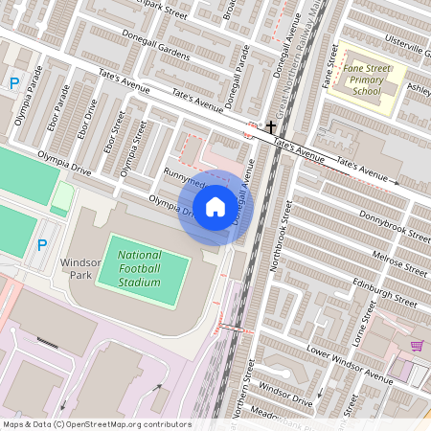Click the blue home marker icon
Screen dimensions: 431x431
215,206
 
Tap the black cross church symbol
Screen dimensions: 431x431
271,126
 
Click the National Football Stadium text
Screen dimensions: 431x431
140,268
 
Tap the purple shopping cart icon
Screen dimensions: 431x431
417,346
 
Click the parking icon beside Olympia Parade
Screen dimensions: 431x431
14,83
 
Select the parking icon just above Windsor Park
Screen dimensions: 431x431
41,245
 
